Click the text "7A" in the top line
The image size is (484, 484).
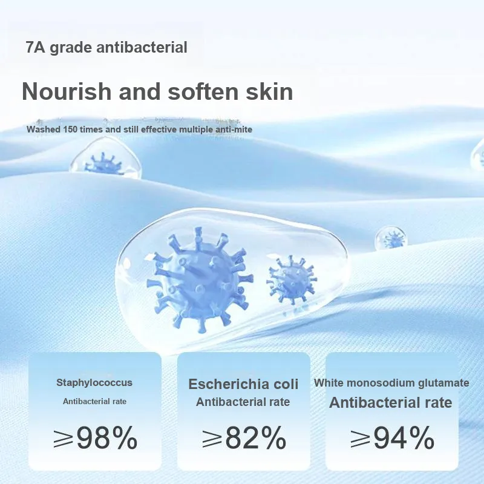click(x=36, y=48)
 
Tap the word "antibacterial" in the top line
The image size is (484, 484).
click(x=142, y=48)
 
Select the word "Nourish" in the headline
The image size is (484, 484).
click(x=67, y=91)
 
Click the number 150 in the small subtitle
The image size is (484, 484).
click(x=70, y=129)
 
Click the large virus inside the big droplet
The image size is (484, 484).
click(x=199, y=280)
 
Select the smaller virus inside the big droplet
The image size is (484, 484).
click(x=292, y=280)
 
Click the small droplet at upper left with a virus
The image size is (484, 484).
click(x=106, y=160)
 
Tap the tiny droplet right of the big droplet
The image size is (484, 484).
click(x=391, y=238)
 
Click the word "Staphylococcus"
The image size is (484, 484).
click(x=94, y=383)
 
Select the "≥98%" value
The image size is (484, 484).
click(x=96, y=437)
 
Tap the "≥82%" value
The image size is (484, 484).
click(x=244, y=437)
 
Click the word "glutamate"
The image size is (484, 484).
click(x=443, y=383)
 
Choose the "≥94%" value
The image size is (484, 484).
click(x=393, y=437)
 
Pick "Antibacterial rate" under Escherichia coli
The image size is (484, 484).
click(x=243, y=402)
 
